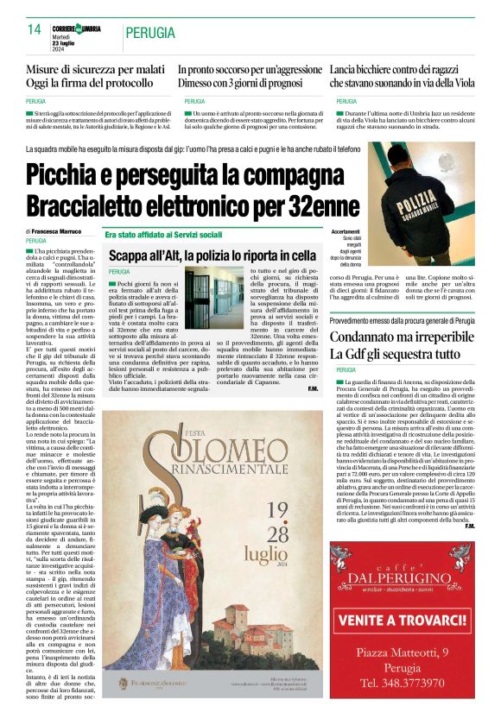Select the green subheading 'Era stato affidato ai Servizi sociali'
tap(164, 234)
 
